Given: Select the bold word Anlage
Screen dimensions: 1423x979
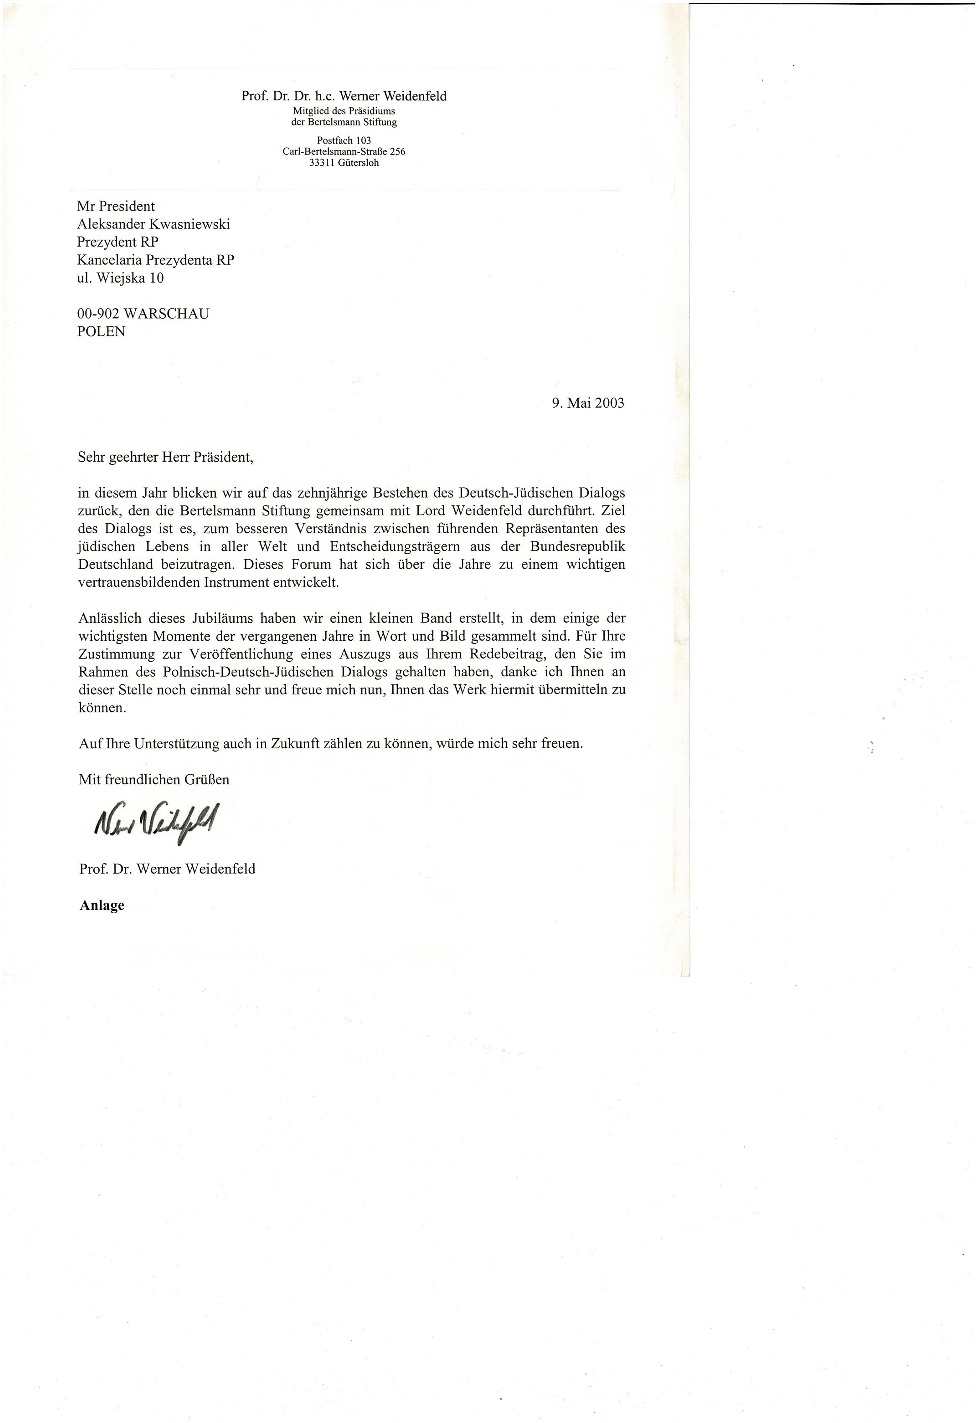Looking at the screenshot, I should pos(102,906).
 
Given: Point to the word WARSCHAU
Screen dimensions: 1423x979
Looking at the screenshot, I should pos(166,314).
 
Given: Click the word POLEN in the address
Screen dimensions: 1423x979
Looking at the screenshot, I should pos(101,332).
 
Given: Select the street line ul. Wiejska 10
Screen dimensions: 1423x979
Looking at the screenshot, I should pos(120,278).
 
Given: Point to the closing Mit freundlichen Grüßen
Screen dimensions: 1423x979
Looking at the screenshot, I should pos(154,779).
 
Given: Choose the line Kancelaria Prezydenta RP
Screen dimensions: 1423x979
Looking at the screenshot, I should pos(156,260).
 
